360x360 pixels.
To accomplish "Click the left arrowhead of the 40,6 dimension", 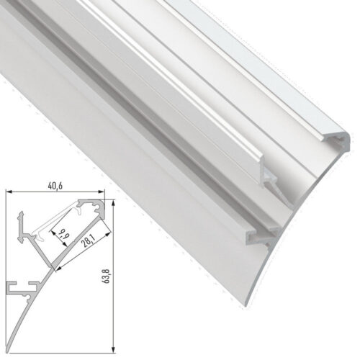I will click(9, 192).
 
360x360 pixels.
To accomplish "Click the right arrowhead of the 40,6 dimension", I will click(103, 192).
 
